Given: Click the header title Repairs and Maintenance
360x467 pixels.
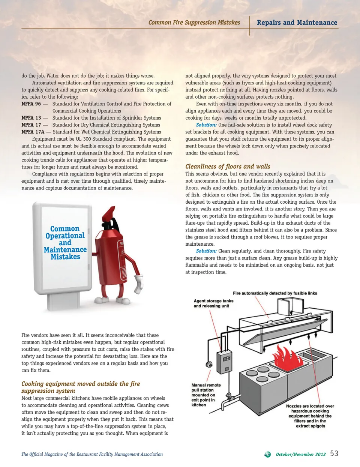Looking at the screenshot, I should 297,23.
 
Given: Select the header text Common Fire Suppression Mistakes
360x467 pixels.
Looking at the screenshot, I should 194,23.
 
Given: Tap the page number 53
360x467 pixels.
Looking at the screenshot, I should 334,453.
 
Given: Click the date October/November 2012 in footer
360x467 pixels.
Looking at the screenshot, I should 301,454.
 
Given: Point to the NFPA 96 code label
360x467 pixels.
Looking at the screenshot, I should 31,104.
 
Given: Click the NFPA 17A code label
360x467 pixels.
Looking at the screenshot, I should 33,132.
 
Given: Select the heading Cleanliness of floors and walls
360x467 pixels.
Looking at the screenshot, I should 228,167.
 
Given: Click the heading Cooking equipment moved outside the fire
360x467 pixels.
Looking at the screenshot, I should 81,384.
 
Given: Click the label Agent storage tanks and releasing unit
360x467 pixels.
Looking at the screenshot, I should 213,303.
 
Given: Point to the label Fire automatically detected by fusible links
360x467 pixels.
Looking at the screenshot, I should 275,293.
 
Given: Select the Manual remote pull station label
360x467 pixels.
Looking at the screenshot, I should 206,395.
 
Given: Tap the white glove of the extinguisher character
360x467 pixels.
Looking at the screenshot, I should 139,284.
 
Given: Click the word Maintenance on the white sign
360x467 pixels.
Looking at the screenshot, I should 65,250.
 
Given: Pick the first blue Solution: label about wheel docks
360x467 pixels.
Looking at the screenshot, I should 206,125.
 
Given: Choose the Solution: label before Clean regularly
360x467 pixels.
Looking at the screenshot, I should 206,251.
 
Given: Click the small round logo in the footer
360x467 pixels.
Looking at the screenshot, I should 267,454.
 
